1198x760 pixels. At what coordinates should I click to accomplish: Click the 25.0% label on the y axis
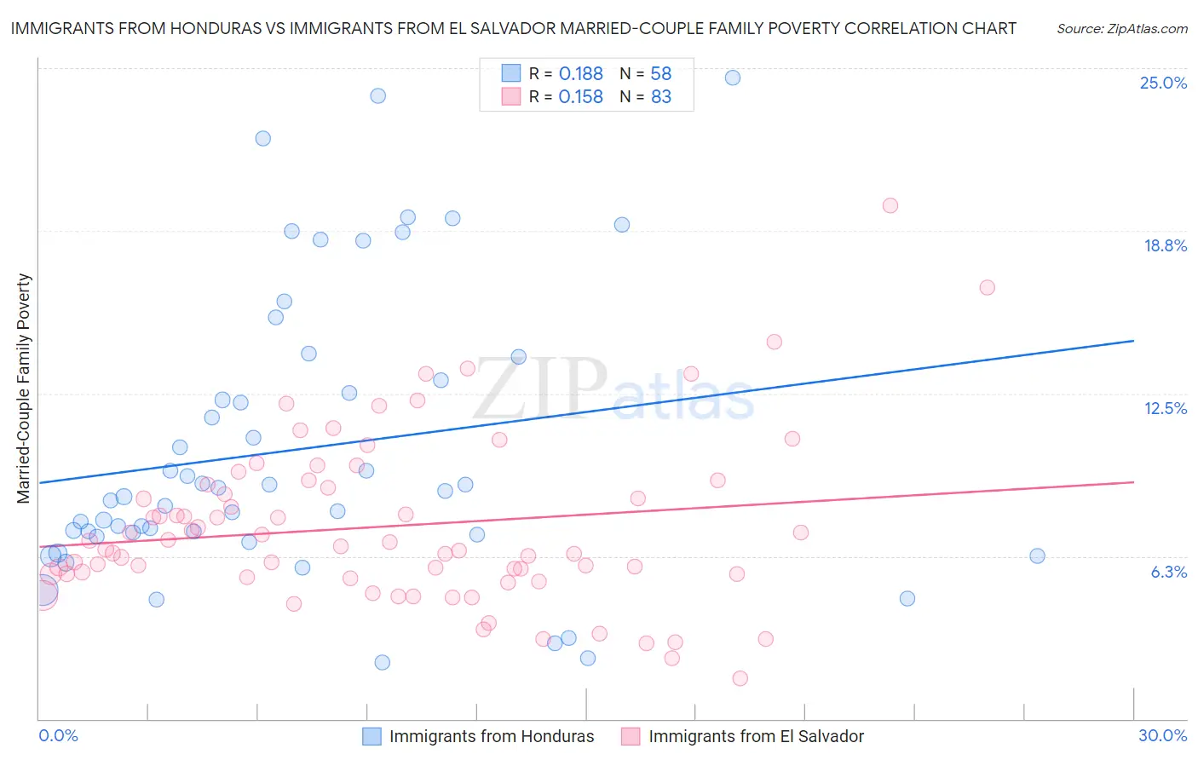1163,83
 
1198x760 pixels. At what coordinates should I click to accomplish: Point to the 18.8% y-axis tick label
1165,245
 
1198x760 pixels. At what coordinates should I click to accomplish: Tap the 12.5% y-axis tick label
1165,408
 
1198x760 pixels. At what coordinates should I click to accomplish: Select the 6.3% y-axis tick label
1168,572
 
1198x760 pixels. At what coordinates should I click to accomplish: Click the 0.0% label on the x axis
58,735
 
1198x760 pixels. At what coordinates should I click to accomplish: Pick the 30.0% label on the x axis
1162,735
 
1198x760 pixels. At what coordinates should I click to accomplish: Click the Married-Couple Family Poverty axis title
24,389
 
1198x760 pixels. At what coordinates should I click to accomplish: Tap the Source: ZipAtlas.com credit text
1121,28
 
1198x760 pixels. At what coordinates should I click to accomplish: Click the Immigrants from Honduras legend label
492,736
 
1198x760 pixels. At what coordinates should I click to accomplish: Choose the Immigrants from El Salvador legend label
756,736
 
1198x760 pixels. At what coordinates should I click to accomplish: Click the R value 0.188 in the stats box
581,74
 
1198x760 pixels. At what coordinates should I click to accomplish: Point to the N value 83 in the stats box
661,97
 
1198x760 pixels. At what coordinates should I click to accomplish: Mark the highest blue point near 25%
732,78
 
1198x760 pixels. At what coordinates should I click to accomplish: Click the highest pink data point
890,205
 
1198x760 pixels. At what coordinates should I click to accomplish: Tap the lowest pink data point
740,678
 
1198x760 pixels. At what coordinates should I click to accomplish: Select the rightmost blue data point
1037,556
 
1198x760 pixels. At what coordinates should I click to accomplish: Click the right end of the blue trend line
1133,341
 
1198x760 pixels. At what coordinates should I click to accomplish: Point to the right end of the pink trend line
1133,482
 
